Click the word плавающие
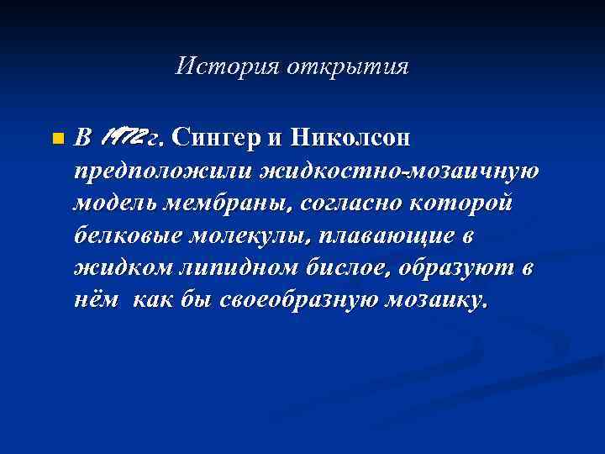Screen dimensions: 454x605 387,236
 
